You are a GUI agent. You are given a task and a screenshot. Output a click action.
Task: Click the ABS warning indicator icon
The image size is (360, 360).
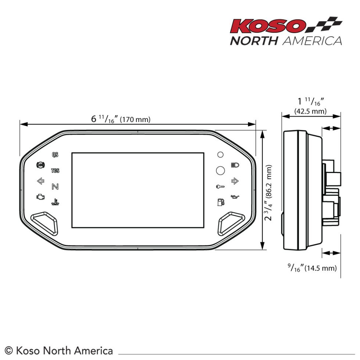(x=40, y=165)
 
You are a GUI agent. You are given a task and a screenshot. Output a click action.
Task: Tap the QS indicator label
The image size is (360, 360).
(x=55, y=155)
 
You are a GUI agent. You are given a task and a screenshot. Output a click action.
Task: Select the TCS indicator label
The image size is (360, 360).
(x=55, y=170)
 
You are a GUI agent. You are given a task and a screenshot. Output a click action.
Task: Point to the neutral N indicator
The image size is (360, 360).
(x=55, y=187)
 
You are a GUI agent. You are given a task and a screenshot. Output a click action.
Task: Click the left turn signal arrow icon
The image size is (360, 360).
(x=40, y=181)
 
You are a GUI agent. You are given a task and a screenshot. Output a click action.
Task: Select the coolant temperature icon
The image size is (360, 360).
(x=55, y=202)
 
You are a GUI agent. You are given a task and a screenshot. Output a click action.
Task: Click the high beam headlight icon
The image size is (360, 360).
(x=234, y=165)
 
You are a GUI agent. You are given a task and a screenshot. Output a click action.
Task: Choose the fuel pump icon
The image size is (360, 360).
(x=220, y=202)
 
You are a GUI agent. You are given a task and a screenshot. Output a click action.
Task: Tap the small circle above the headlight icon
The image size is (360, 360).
(x=220, y=155)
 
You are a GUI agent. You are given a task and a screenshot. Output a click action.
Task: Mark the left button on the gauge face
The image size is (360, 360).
(x=44, y=223)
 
